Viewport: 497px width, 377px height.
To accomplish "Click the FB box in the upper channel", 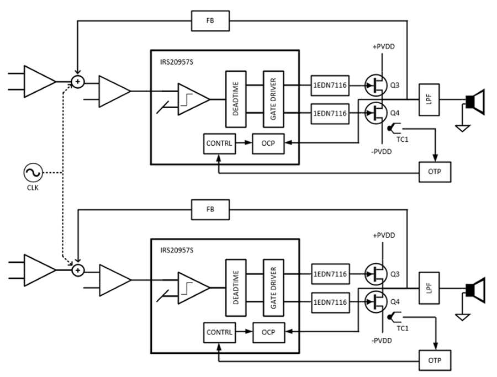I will (210, 21).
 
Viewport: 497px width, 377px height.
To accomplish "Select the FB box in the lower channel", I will (210, 210).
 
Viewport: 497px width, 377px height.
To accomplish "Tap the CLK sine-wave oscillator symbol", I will (32, 173).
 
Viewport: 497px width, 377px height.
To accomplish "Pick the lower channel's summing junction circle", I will (78, 270).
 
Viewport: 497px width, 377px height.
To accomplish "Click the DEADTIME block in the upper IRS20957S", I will (234, 99).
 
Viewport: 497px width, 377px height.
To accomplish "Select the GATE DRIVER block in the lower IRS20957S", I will (272, 288).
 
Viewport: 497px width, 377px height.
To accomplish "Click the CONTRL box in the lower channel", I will (219, 332).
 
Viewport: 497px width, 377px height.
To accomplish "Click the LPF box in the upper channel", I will (429, 100).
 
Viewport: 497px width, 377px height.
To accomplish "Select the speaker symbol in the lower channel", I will (474, 289).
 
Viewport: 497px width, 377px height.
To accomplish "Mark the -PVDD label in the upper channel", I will (382, 151).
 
